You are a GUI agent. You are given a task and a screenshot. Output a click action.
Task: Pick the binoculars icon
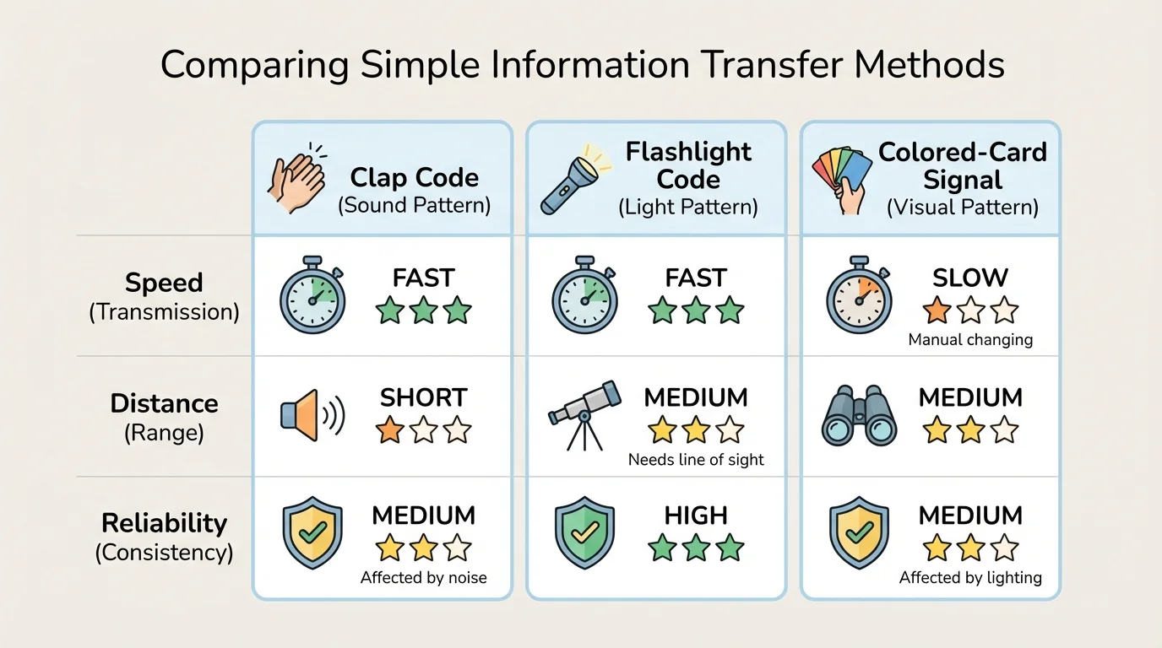coord(859,418)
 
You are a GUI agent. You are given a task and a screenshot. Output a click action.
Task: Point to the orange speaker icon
coord(310,416)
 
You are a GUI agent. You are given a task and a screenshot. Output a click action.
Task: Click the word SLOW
coord(970,278)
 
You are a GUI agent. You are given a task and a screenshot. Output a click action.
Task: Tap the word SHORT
coord(423,397)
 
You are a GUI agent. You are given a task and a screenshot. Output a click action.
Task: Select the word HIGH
coord(696,516)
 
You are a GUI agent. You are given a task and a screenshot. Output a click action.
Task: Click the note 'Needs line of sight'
coord(696,460)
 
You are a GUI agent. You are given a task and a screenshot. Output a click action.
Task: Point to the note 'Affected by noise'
coord(423,578)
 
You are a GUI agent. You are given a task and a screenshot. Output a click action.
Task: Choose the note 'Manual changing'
coord(970,340)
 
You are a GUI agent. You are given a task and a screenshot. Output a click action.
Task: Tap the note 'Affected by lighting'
coord(970,578)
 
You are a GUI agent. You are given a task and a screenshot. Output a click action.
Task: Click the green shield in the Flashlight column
coord(584,536)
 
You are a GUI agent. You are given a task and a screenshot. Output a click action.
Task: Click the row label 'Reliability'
coord(164,523)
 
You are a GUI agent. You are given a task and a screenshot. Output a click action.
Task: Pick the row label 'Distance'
coord(164,403)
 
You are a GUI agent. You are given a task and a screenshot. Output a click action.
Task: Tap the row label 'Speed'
coord(164,283)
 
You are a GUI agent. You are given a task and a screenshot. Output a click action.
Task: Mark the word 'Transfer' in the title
coord(743,64)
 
